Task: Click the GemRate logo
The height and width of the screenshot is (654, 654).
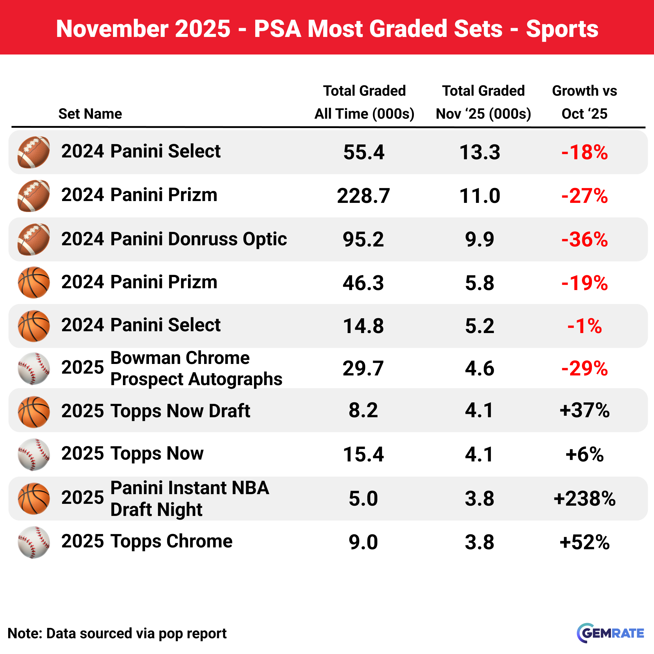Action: pyautogui.click(x=610, y=633)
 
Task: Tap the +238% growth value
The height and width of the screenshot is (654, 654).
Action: pyautogui.click(x=585, y=499)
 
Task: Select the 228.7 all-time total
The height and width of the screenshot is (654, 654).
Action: pyautogui.click(x=363, y=196)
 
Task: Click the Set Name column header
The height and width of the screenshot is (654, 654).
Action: pyautogui.click(x=90, y=114)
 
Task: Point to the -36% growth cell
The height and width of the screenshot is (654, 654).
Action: pyautogui.click(x=585, y=239)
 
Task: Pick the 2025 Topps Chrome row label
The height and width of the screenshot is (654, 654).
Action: pyautogui.click(x=147, y=541)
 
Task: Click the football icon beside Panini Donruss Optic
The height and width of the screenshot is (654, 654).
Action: pyautogui.click(x=34, y=239)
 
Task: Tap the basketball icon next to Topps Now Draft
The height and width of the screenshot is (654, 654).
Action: pyautogui.click(x=34, y=412)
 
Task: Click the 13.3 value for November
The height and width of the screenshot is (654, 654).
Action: pyautogui.click(x=480, y=152)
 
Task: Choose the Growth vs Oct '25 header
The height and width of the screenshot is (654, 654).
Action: pyautogui.click(x=585, y=102)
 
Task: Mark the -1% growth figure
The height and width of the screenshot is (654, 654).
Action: pyautogui.click(x=585, y=326)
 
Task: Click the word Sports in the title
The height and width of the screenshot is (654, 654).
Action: pyautogui.click(x=562, y=29)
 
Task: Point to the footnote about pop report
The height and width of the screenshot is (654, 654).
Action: pyautogui.click(x=117, y=633)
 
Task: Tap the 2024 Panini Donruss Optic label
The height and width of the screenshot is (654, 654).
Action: pyautogui.click(x=174, y=239)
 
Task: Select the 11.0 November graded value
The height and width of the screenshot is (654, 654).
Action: pyautogui.click(x=480, y=196)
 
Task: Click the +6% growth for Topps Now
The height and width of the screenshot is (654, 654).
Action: pyautogui.click(x=585, y=454)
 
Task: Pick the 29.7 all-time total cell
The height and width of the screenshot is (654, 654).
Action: pyautogui.click(x=363, y=368)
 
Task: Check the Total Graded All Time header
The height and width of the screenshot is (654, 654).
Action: pyautogui.click(x=364, y=102)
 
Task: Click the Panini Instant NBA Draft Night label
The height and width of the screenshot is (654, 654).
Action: pyautogui.click(x=190, y=499)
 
